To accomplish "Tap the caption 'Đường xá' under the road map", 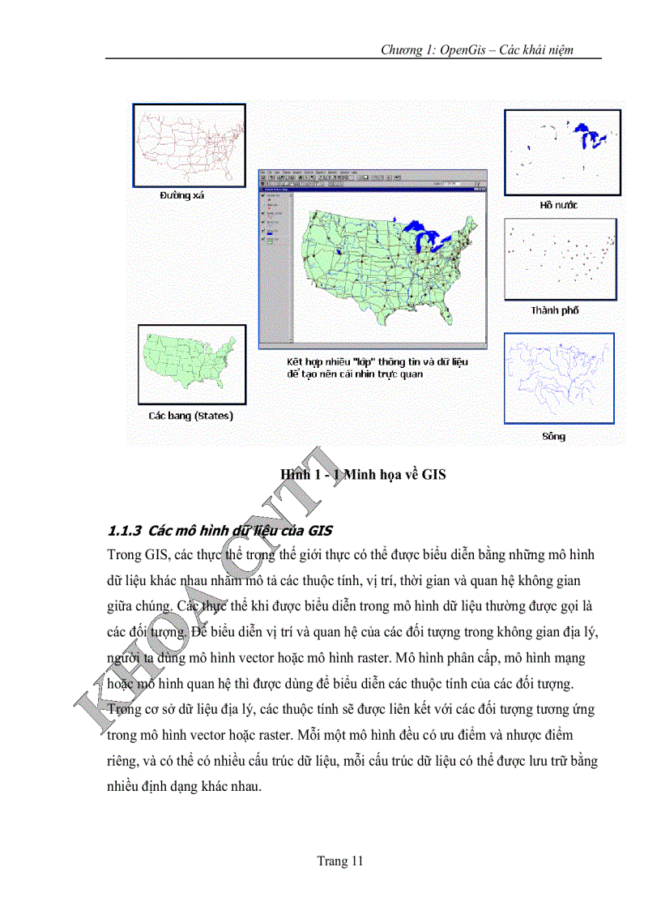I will [182, 195].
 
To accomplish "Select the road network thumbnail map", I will [189, 145].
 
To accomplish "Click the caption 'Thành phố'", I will [555, 311].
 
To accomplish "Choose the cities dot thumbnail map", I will [560, 258].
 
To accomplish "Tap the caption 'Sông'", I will [554, 437].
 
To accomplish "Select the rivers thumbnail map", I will [559, 378].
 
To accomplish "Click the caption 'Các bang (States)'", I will [190, 416].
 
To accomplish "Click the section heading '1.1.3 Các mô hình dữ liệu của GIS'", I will [220, 532].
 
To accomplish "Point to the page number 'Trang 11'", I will [340, 861].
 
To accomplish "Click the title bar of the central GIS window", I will [370, 173].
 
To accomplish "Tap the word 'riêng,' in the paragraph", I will [124, 762].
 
